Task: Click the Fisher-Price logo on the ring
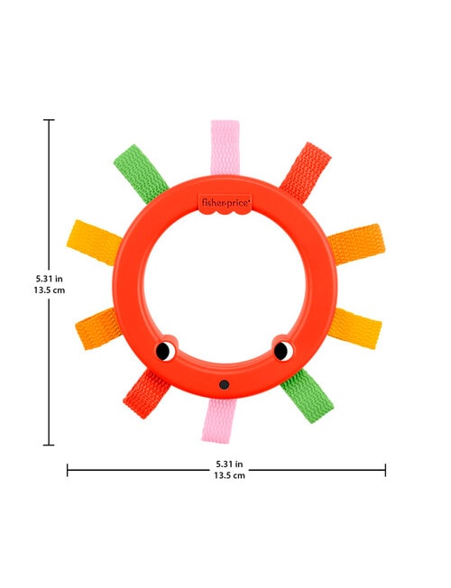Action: (225, 204)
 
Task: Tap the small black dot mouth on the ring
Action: (225, 384)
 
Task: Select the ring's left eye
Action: (165, 351)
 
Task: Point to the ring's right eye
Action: (283, 351)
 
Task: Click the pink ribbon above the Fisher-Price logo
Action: (225, 148)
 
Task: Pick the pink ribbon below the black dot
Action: (217, 421)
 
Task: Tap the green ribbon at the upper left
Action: (141, 173)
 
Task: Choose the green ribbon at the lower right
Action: (307, 396)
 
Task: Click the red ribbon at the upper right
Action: (306, 172)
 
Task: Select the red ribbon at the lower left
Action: (146, 394)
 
